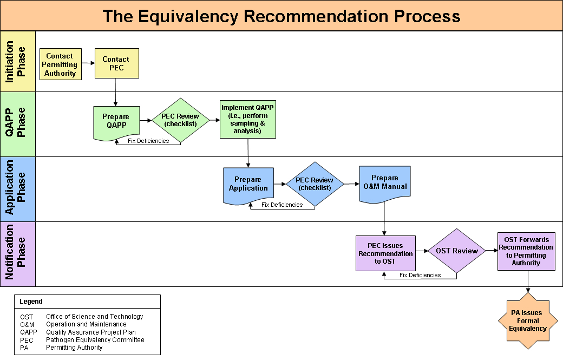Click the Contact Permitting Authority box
coord(60,64)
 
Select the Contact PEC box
coord(116,63)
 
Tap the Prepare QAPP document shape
coord(116,121)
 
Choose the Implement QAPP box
coord(248,119)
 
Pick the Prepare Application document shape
coord(248,184)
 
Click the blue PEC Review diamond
coord(315,184)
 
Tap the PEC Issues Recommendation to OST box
coord(385,253)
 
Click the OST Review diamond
coord(457,251)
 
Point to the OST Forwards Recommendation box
coord(526,251)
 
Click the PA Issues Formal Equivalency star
coord(528,321)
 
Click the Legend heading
coord(31,302)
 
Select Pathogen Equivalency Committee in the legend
coord(95,340)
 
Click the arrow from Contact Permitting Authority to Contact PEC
coord(88,63)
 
